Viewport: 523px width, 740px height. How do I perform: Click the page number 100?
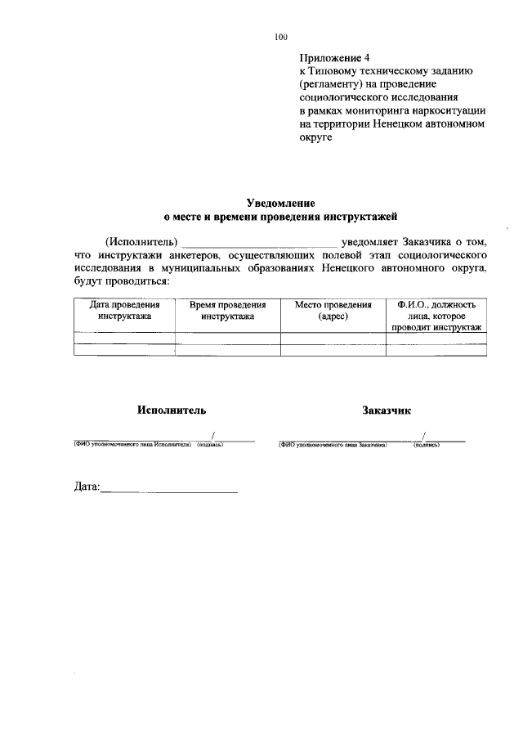point(281,38)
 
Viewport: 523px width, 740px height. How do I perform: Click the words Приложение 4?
point(336,59)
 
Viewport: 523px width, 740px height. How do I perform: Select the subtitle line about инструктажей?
point(281,217)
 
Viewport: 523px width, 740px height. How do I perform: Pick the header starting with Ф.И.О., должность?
point(436,315)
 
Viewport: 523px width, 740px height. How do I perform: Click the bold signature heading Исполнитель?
point(172,410)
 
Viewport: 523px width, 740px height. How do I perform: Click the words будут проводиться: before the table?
point(121,280)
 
